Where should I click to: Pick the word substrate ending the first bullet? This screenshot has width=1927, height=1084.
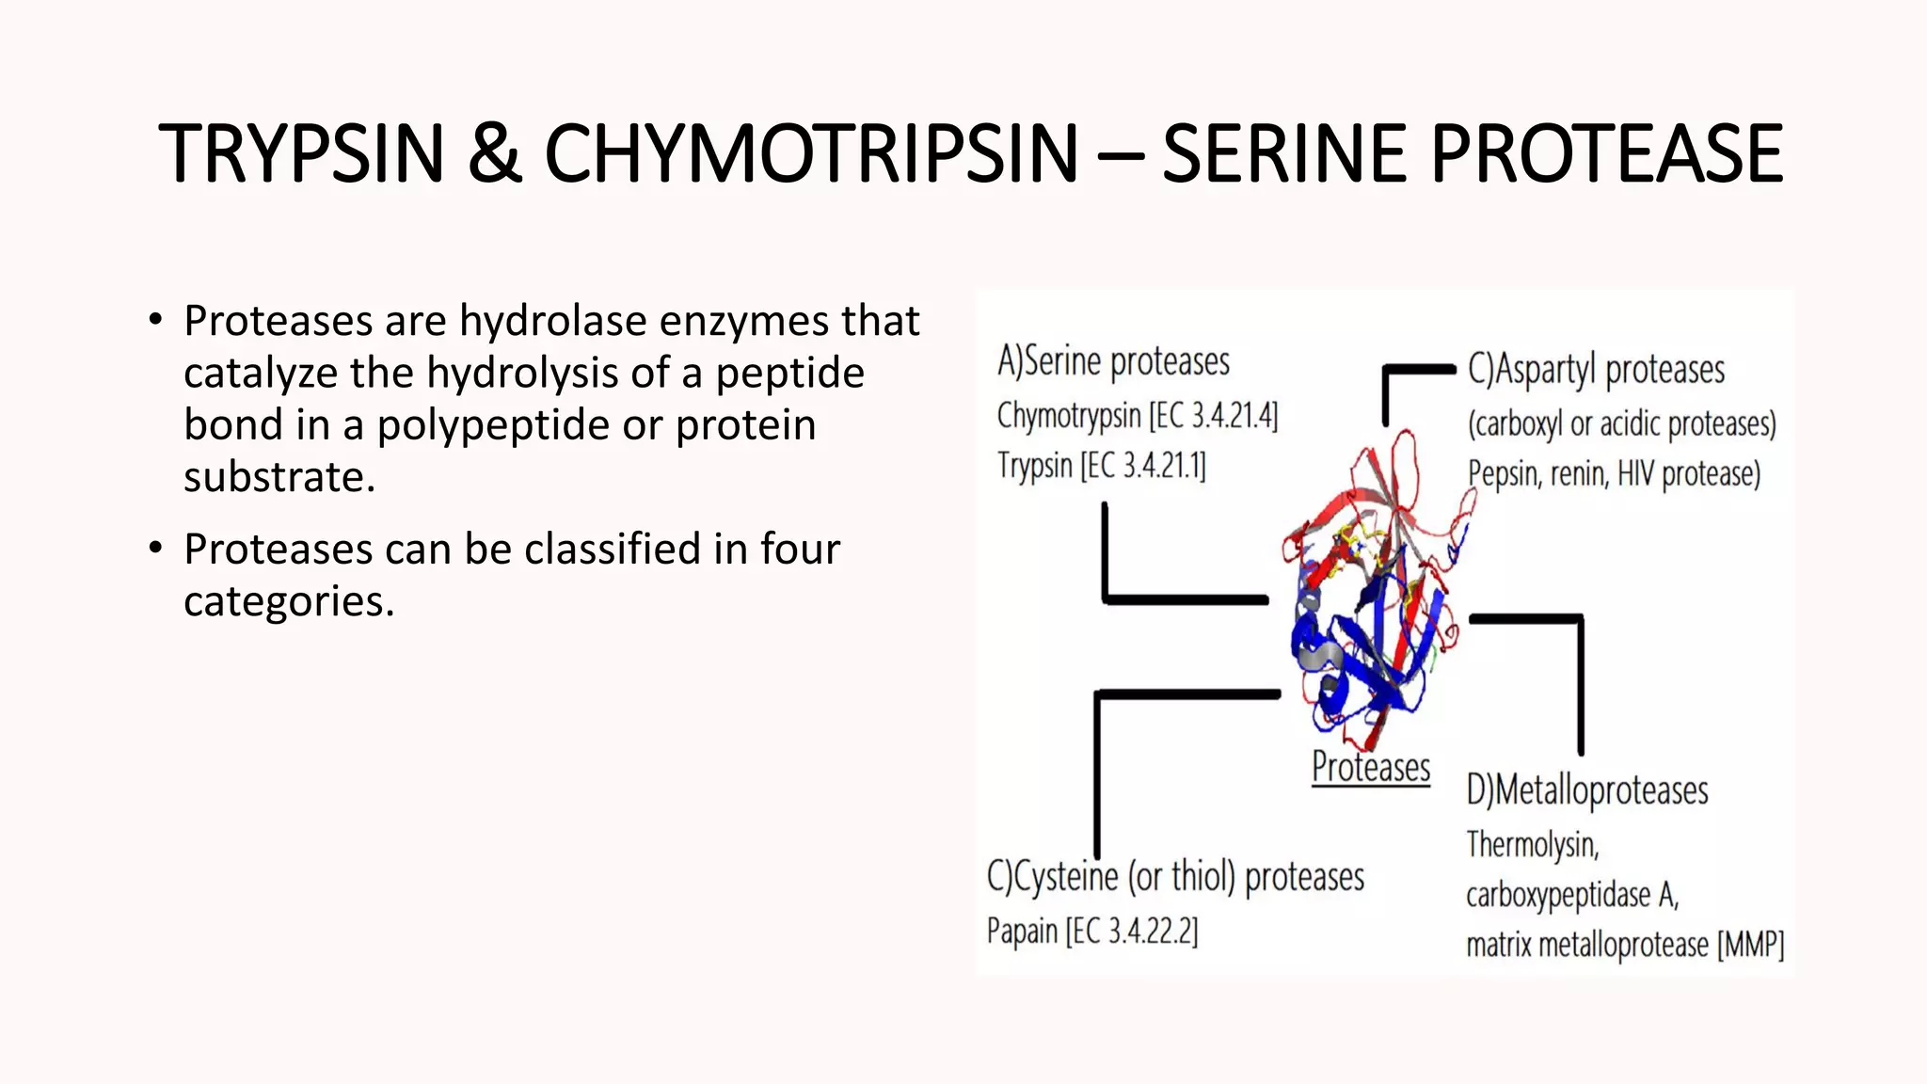pos(279,477)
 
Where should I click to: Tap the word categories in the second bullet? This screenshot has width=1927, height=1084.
pos(288,601)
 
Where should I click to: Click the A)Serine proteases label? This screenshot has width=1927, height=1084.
pos(1113,361)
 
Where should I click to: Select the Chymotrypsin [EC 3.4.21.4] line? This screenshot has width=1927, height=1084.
pos(1137,415)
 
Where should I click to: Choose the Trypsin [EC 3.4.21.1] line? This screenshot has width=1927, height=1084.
pos(1101,465)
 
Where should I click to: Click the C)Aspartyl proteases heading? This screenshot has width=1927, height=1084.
pos(1596,370)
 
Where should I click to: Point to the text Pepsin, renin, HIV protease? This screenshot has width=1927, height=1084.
pos(1614,473)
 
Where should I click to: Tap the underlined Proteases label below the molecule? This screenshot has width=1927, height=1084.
pos(1371,767)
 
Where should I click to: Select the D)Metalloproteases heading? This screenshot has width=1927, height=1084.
pos(1587,790)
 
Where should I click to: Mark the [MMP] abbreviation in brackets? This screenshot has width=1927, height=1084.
pos(1750,944)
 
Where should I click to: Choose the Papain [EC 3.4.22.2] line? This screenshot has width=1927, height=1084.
pos(1092,932)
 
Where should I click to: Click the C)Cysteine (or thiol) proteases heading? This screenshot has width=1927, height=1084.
pos(1175,877)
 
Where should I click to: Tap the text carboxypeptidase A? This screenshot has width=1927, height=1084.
pos(1572,895)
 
